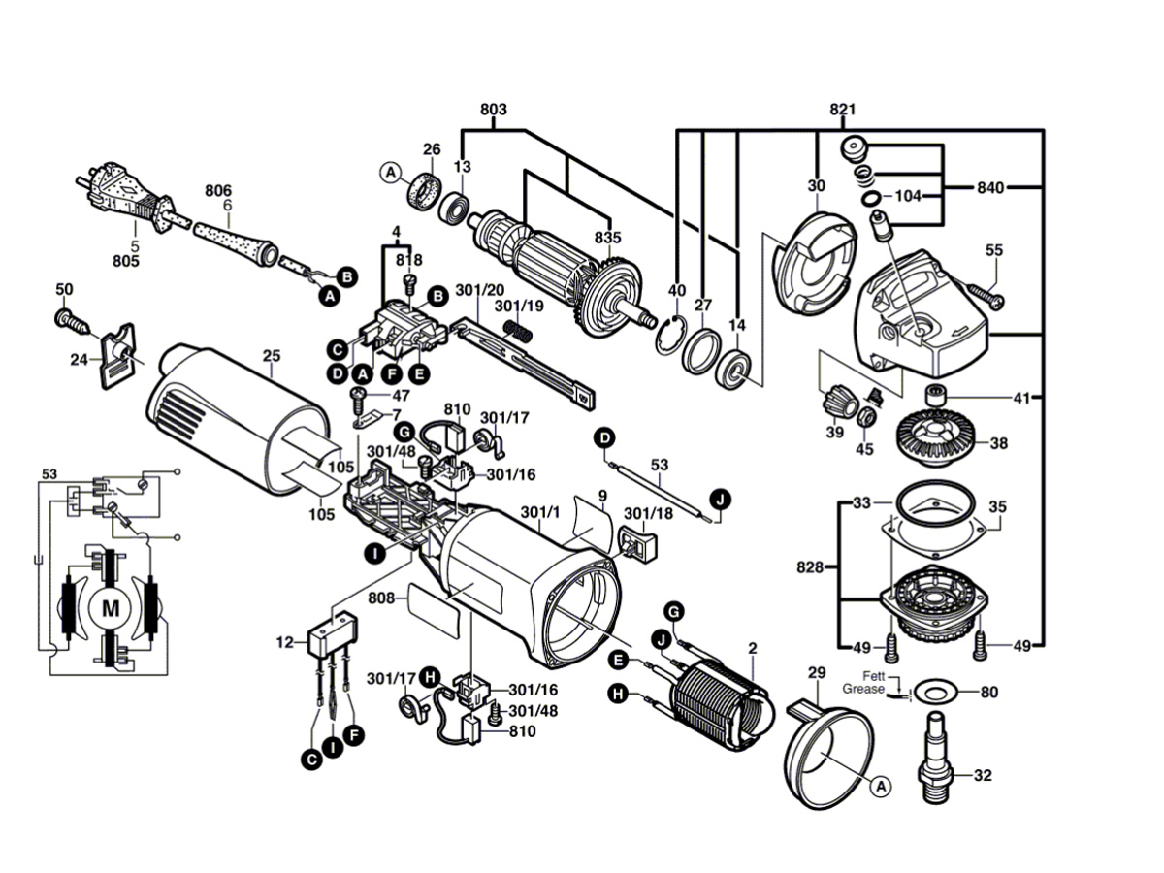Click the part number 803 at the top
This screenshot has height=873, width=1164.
(x=493, y=110)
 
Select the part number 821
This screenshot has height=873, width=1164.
(x=843, y=110)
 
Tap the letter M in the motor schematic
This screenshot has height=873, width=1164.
(x=111, y=609)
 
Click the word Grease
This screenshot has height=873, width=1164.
(x=863, y=689)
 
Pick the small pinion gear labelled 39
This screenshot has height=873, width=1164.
(x=837, y=406)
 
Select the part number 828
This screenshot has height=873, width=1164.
(x=810, y=567)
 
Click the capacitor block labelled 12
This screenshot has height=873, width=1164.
(x=333, y=635)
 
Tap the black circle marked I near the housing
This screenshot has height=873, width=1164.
(x=375, y=555)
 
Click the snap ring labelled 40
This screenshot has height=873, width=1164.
(x=672, y=336)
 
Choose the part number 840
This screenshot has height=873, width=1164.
(x=990, y=187)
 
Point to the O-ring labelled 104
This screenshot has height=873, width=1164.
(x=870, y=199)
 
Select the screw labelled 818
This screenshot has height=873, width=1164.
(x=410, y=284)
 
